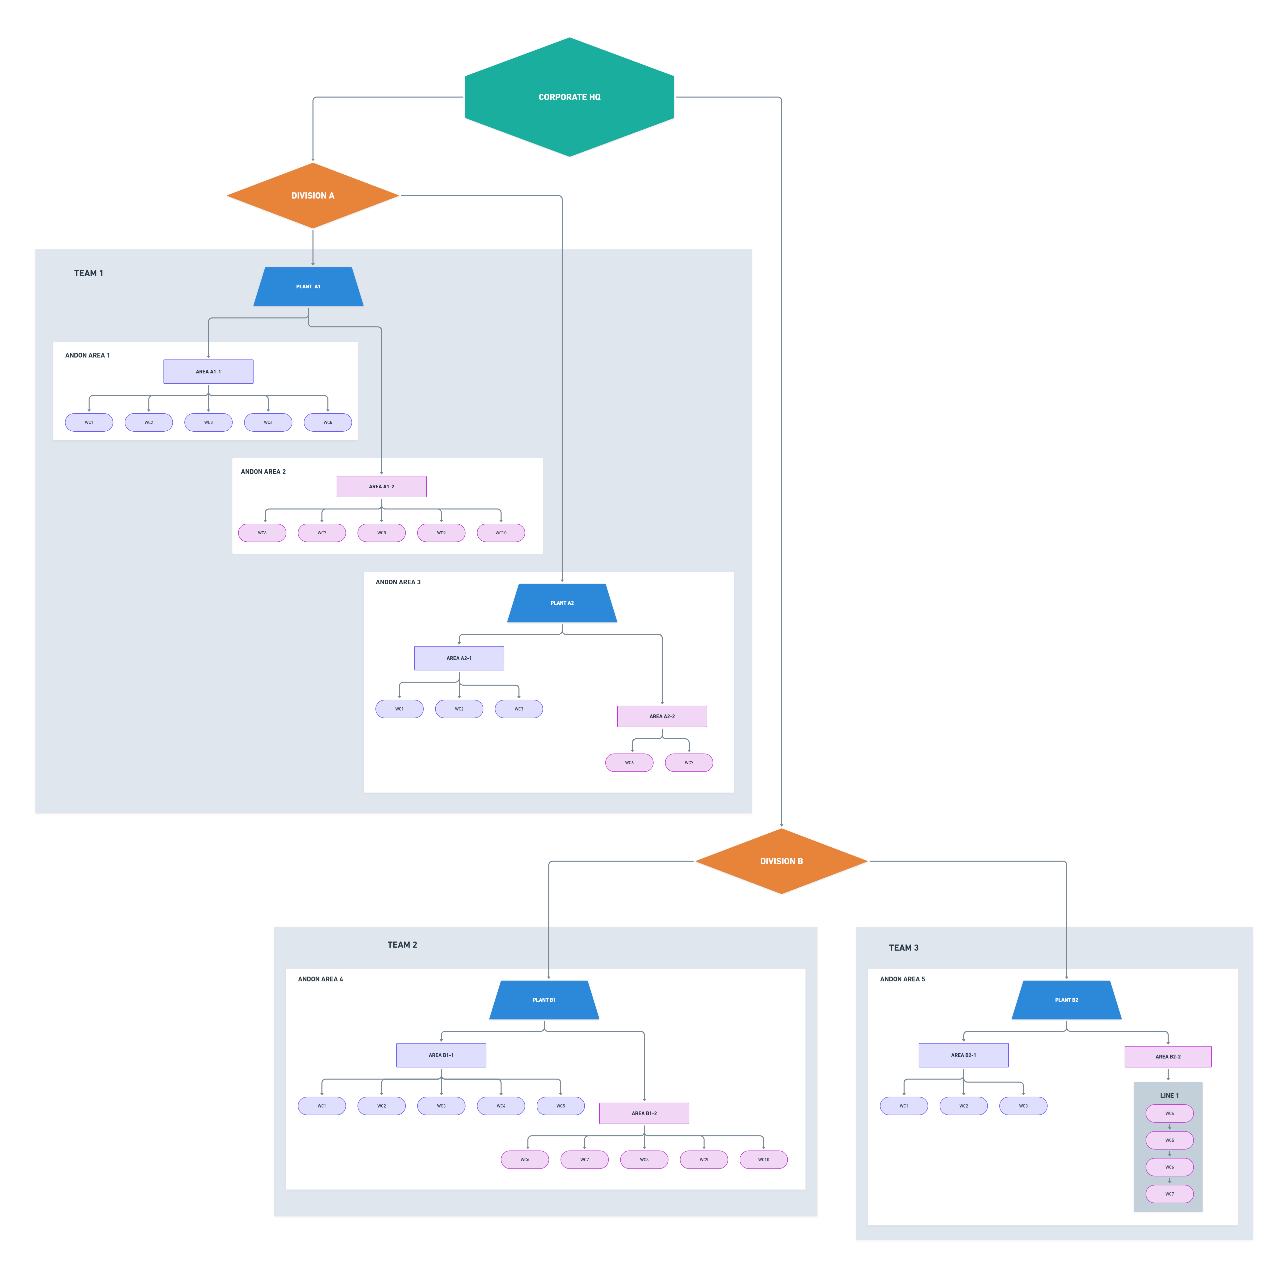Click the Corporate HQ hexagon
coord(569,97)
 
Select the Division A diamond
coord(312,196)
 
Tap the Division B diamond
coord(781,861)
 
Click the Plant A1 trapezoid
coord(308,287)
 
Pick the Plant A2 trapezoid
coord(562,603)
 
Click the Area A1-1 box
coord(208,372)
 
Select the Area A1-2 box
coord(381,487)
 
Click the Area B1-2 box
coord(644,1114)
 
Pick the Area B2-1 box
coord(963,1055)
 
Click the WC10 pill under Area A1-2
coord(501,533)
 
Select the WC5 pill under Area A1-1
coord(328,422)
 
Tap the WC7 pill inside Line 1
coord(1170,1194)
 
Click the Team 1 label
coord(89,273)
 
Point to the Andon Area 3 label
coord(398,583)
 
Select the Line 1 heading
coord(1169,1096)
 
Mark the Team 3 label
coord(904,948)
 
